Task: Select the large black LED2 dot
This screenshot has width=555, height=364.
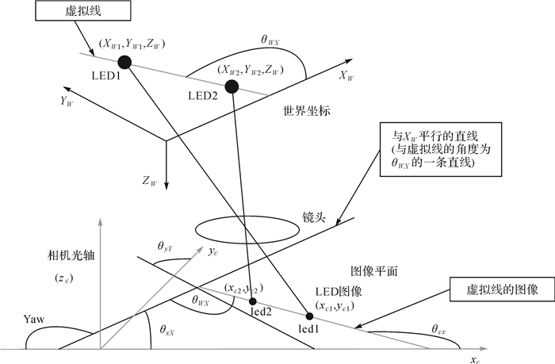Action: click(232, 86)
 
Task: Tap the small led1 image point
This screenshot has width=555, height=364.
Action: click(310, 316)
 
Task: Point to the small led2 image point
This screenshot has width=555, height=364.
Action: click(253, 301)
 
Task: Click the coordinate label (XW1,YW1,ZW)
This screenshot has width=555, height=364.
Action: click(133, 45)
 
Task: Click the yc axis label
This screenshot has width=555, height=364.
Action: click(212, 254)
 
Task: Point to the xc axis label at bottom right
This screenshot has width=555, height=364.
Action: click(475, 359)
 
